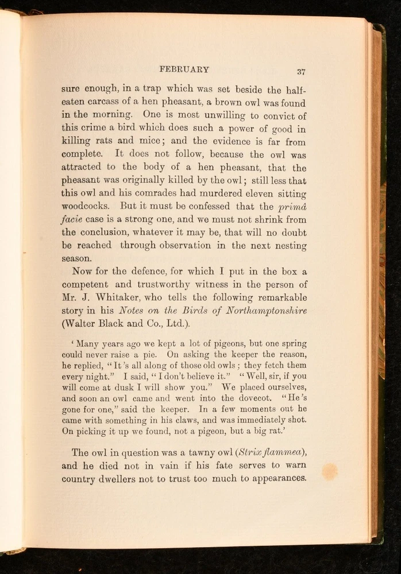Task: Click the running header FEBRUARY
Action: click(184, 69)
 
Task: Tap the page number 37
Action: click(301, 72)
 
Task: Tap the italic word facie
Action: click(72, 219)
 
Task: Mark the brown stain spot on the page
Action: click(329, 471)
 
